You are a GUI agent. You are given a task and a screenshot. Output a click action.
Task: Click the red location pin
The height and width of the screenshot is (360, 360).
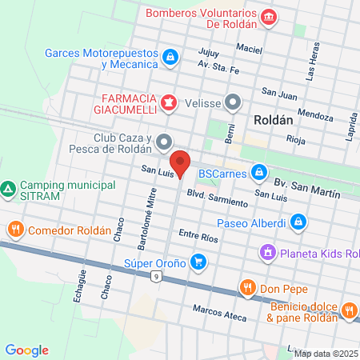tap(181, 162)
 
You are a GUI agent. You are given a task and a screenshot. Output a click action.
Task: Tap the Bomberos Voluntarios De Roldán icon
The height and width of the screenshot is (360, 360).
tap(268, 16)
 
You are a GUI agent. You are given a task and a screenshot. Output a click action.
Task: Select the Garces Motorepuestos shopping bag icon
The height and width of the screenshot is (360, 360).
tap(170, 57)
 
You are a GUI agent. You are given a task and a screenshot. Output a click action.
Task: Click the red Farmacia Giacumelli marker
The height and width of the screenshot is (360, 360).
tap(169, 102)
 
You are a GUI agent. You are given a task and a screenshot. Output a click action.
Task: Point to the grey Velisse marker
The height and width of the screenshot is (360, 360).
tap(233, 102)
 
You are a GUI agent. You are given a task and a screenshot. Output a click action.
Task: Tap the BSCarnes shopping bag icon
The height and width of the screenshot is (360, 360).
tap(258, 172)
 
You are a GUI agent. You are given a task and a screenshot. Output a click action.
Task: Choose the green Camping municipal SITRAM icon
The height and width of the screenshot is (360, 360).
tap(8, 190)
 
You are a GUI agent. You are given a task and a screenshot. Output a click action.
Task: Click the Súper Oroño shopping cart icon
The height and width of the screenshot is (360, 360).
tap(199, 262)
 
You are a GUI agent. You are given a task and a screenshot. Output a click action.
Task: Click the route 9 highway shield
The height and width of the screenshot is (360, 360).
tap(156, 277)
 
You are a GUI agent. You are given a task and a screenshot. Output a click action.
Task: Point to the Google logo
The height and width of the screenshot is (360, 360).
tap(26, 350)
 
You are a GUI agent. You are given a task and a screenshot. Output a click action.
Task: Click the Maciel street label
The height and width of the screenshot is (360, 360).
tap(249, 49)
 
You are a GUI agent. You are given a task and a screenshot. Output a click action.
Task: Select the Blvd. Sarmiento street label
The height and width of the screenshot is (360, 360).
tap(218, 198)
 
